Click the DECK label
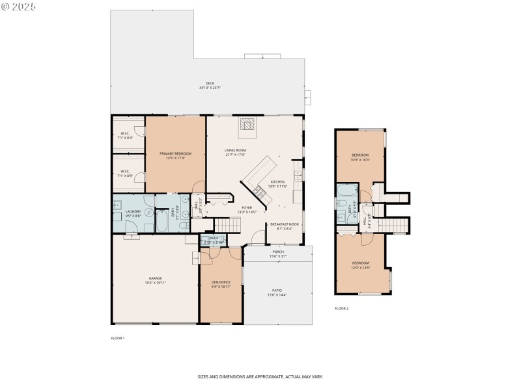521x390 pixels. point(210,84)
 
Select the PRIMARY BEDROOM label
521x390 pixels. point(175,154)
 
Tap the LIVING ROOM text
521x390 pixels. point(236,151)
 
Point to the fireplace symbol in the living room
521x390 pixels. point(247,125)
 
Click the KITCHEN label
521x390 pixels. point(278,182)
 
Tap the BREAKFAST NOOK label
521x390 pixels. point(284,224)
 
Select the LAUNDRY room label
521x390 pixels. point(134,211)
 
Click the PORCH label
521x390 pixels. point(277,252)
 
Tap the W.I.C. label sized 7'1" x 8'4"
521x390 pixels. point(125,135)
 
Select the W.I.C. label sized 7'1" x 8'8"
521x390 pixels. point(125,173)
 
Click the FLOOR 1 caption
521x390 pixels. point(118,338)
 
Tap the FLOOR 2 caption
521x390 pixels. point(341,308)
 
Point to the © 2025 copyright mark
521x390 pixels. point(19,6)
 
